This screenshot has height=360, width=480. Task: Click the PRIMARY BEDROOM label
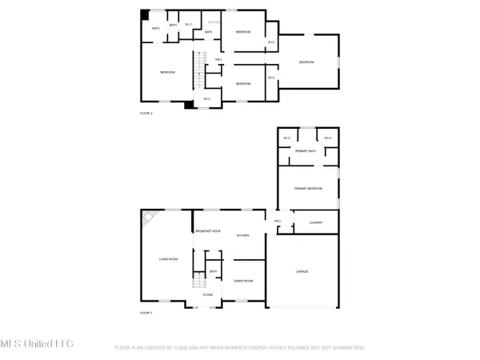307,188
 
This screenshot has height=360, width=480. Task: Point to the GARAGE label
302,272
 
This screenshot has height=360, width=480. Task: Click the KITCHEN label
243,235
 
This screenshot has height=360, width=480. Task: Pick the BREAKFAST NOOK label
209,230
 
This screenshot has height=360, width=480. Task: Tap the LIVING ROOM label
168,258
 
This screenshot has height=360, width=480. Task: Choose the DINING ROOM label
243,282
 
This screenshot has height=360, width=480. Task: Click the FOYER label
207,294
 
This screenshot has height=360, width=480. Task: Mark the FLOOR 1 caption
146,312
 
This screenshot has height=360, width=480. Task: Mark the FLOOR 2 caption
146,114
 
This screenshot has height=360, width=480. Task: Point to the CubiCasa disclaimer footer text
240,348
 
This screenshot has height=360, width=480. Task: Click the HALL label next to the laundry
278,221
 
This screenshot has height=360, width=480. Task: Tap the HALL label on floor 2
218,59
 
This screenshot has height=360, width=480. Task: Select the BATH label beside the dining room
213,272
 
